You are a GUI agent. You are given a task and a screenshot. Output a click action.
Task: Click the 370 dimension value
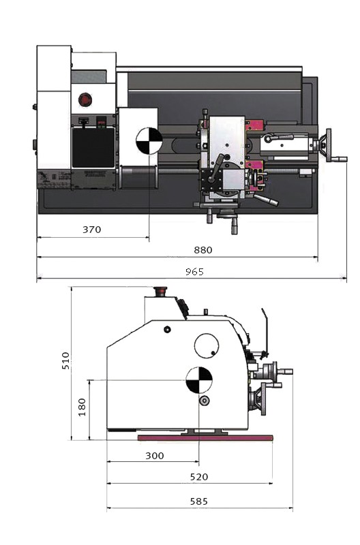point(92,230)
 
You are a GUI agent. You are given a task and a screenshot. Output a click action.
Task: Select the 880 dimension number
point(203,250)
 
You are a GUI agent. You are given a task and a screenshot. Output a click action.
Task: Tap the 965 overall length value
point(195,271)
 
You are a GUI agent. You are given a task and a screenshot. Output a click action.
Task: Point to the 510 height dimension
point(65,360)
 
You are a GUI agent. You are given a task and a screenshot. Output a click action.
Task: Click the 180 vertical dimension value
point(82,407)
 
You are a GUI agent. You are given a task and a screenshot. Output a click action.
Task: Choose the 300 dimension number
point(155,456)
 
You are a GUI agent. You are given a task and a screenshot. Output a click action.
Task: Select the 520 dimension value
point(199,477)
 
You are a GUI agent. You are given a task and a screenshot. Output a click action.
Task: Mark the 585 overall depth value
point(199,501)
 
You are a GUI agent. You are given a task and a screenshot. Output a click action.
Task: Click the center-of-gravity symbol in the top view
point(149,141)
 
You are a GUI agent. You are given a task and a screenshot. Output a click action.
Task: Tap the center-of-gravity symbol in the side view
point(199,380)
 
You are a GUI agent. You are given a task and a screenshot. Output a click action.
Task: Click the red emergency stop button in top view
point(85,99)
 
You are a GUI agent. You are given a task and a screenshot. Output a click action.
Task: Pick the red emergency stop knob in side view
point(160,292)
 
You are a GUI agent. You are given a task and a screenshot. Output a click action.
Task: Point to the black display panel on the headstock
point(93,147)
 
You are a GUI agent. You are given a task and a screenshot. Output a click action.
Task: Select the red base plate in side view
point(205,437)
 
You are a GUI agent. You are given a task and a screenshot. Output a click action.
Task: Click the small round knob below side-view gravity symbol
point(204,401)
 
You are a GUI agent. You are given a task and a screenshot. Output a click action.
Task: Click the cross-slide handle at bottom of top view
point(234,225)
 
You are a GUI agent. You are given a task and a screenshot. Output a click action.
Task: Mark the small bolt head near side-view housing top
point(167,329)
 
